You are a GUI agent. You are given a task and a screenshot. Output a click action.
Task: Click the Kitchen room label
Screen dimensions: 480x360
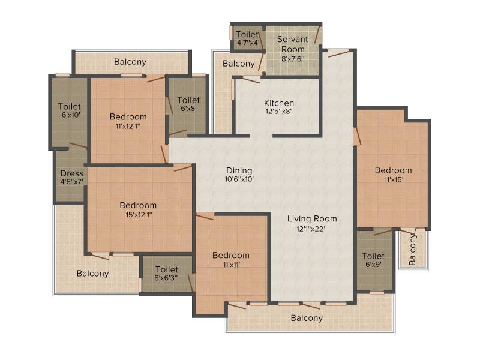click(279, 103)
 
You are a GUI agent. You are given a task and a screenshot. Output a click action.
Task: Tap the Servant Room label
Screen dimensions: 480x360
click(293, 44)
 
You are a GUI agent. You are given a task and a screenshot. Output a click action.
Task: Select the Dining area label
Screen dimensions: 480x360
click(239, 170)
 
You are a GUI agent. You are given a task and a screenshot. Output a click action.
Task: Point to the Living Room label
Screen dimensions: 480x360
click(312, 218)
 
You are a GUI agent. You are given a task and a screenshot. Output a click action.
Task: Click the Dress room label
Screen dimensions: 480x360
click(71, 173)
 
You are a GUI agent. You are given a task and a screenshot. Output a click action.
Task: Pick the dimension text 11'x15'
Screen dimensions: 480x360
click(394, 179)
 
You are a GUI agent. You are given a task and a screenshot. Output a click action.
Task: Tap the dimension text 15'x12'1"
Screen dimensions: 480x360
click(139, 215)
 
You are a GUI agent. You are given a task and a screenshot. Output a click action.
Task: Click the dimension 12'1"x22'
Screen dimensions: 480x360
click(311, 229)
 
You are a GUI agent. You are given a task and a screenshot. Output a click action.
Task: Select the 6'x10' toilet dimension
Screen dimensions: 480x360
click(71, 115)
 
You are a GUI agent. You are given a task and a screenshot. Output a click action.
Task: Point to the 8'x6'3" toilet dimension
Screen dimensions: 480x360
click(166, 278)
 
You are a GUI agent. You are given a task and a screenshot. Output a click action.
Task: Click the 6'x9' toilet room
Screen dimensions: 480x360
click(374, 260)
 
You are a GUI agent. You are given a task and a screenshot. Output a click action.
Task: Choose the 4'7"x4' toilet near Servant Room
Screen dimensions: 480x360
click(248, 38)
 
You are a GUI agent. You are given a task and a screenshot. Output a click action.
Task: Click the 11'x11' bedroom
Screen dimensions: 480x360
click(232, 260)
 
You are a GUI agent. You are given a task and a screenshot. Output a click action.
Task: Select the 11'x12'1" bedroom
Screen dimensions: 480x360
click(128, 121)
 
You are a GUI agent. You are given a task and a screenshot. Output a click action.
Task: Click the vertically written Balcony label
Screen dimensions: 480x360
click(412, 250)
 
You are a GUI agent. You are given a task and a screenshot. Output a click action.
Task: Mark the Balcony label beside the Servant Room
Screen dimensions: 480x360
click(238, 64)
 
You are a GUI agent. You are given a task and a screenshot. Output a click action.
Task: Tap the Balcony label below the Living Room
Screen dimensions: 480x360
click(307, 318)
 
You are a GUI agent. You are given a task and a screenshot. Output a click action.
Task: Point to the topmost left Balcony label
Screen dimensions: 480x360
click(130, 62)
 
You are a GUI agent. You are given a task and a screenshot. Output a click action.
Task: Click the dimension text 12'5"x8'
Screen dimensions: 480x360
click(278, 111)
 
